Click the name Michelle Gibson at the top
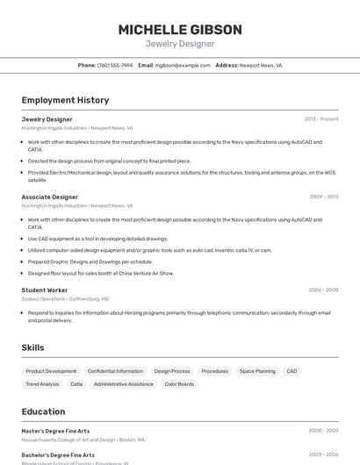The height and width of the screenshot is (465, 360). (x=179, y=30)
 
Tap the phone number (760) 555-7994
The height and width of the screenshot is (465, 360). (x=115, y=65)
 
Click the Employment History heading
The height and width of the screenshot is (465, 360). (x=65, y=100)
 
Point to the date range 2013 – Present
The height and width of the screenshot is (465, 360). (x=320, y=119)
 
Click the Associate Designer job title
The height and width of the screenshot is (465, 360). (x=50, y=197)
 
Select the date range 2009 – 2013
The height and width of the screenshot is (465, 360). (x=323, y=197)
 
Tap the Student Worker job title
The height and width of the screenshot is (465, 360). (x=45, y=290)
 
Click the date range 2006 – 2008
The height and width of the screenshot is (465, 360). (x=322, y=290)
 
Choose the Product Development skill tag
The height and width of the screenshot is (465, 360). (x=51, y=371)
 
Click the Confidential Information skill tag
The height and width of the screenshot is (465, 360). (x=115, y=371)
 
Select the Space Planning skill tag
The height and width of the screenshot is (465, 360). (x=257, y=371)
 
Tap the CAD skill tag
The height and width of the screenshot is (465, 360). (x=292, y=371)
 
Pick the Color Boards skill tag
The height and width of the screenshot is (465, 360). (x=179, y=383)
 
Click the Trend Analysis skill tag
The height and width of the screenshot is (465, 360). (x=42, y=383)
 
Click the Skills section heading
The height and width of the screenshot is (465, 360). (x=32, y=347)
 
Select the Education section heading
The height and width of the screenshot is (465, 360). (x=43, y=411)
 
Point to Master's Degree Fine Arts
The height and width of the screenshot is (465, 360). (x=55, y=431)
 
